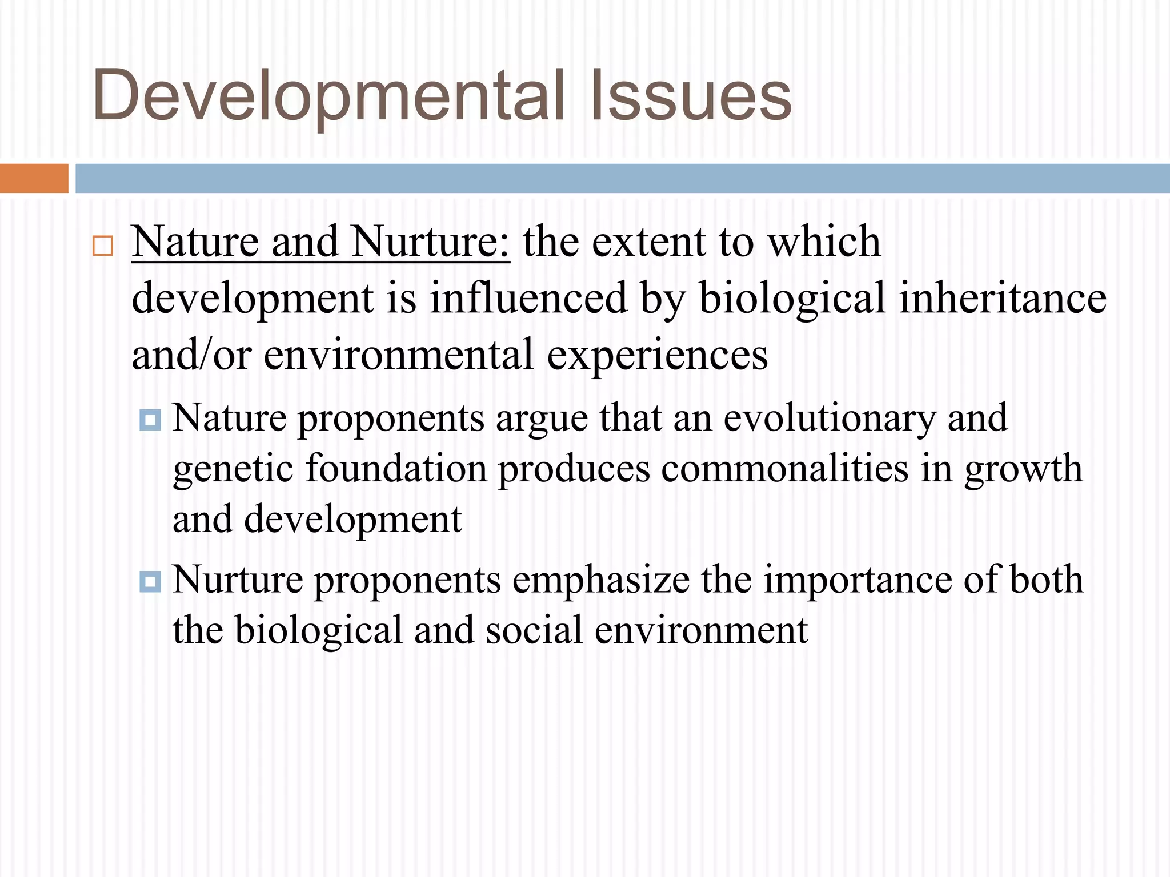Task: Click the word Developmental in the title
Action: point(328,96)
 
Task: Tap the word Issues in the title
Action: point(691,96)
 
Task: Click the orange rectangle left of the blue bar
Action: point(34,178)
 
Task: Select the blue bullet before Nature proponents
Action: point(150,420)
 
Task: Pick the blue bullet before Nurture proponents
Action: point(150,582)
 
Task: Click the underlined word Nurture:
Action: point(431,242)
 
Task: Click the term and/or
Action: point(191,355)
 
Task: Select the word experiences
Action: point(658,356)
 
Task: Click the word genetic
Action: point(233,469)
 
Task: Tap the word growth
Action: point(1023,469)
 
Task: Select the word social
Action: point(534,630)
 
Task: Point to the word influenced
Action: point(528,298)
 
